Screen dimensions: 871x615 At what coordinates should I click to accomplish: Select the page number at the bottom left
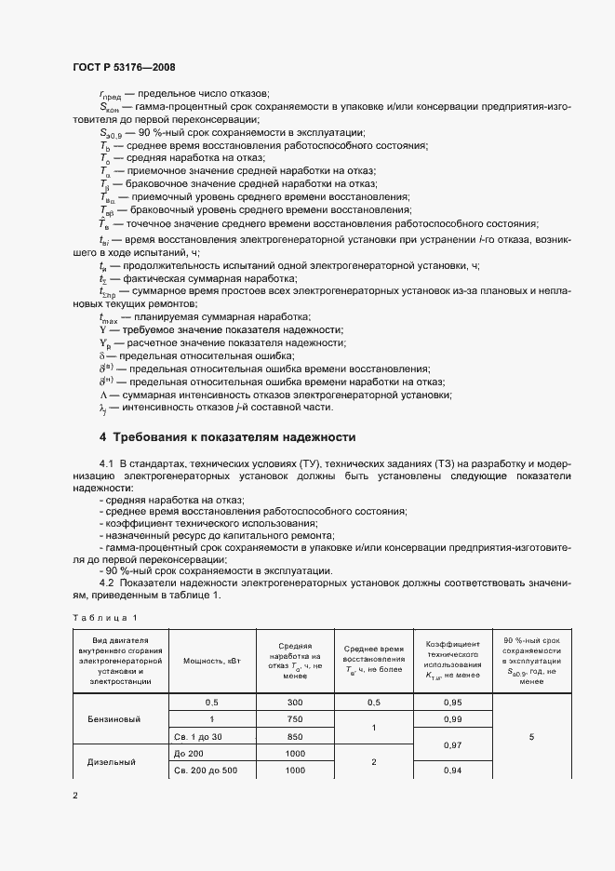[x=75, y=796]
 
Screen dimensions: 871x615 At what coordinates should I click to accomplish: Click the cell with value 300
[x=295, y=703]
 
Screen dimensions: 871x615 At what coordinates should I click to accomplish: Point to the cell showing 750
[x=295, y=719]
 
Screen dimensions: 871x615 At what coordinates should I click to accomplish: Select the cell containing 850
[x=295, y=736]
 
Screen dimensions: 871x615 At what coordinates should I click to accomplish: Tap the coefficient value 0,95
[x=453, y=703]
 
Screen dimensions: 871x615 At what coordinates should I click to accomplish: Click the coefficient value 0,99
[x=453, y=719]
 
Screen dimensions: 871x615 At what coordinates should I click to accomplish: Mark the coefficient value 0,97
[x=453, y=745]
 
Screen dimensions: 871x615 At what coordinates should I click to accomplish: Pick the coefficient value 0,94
[x=453, y=770]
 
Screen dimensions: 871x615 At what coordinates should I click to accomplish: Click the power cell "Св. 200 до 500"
[x=207, y=770]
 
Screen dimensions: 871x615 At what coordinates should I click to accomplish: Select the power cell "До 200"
[x=188, y=753]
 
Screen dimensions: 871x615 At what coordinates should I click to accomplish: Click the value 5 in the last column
[x=531, y=736]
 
